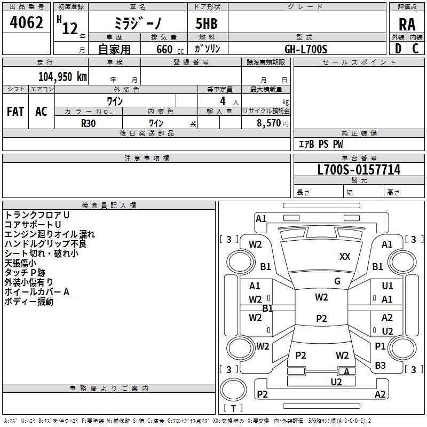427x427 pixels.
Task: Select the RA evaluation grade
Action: (407, 24)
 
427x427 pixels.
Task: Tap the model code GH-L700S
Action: (306, 49)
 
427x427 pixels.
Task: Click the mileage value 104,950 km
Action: (62, 76)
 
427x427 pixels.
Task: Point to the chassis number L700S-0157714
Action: (359, 170)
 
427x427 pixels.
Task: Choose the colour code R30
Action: (89, 122)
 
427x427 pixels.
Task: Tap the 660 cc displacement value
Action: (168, 49)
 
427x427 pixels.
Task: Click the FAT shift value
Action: (15, 112)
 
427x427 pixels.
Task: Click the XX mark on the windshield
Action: (345, 257)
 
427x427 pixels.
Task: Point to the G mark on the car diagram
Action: (337, 281)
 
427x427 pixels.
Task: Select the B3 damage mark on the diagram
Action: (380, 366)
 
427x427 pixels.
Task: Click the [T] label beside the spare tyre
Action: (233, 409)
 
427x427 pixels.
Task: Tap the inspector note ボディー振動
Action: (29, 302)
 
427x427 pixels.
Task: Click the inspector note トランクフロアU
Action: (37, 215)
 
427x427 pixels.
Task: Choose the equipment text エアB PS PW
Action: (320, 144)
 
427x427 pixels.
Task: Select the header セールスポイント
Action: (359, 62)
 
